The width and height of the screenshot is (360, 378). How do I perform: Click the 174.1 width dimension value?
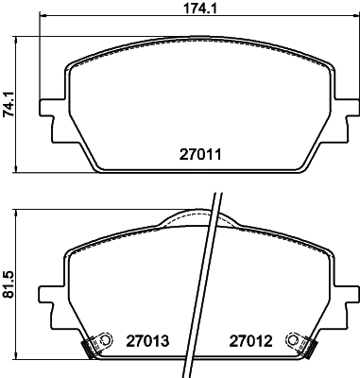pyautogui.click(x=200, y=8)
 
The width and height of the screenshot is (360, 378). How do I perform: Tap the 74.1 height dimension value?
pyautogui.click(x=9, y=105)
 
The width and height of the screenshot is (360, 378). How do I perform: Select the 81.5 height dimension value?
pyautogui.click(x=9, y=284)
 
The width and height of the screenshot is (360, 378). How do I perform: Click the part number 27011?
pyautogui.click(x=200, y=155)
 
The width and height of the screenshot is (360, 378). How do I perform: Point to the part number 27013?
pyautogui.click(x=147, y=341)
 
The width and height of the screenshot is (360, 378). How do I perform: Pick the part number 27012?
pyautogui.click(x=250, y=341)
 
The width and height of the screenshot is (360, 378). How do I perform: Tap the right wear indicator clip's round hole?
pyautogui.click(x=293, y=339)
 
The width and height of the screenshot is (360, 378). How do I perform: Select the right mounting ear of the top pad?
pyautogui.click(x=346, y=120)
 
